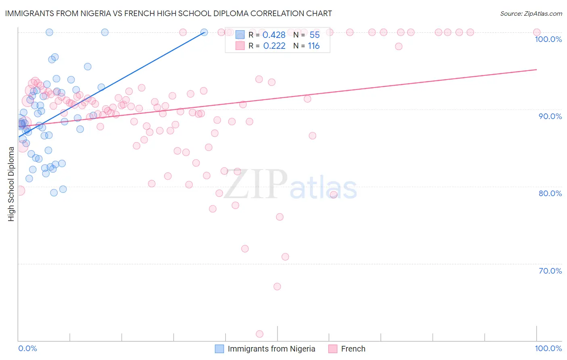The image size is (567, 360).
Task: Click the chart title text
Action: [x=169, y=13]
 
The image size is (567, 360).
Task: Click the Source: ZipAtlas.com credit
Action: [x=531, y=14]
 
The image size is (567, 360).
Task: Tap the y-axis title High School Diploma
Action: [x=11, y=184]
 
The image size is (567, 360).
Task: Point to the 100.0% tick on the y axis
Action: [x=548, y=39]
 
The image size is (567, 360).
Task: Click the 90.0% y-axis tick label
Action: [x=550, y=116]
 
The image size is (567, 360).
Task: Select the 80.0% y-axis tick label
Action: [x=550, y=193]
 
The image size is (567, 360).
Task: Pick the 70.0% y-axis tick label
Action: [x=550, y=271]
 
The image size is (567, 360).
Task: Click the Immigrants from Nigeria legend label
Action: [x=271, y=349]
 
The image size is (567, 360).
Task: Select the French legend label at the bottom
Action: [x=353, y=349]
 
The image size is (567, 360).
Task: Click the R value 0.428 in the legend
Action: [x=274, y=35]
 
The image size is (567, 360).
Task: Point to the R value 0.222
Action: [x=274, y=46]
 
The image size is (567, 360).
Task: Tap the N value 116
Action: [x=314, y=46]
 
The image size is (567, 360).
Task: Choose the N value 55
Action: [x=315, y=35]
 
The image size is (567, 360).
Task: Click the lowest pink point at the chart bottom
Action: [x=260, y=334]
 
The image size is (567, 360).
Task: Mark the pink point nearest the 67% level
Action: [x=277, y=287]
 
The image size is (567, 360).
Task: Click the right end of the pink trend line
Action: [x=536, y=69]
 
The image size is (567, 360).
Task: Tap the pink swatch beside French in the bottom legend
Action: [x=333, y=349]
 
